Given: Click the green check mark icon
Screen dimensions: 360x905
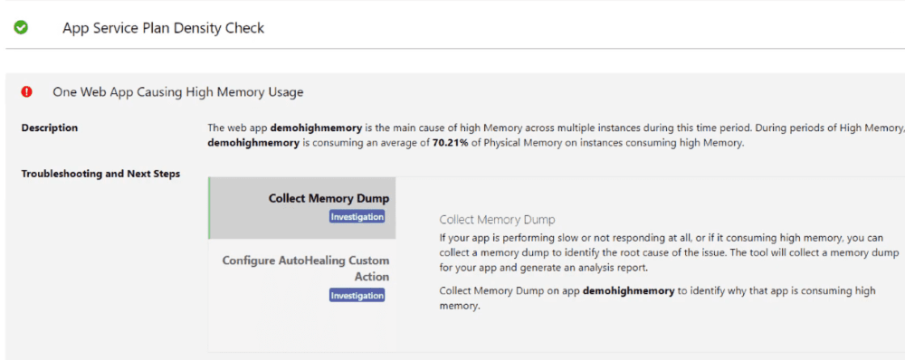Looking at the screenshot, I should click(21, 27).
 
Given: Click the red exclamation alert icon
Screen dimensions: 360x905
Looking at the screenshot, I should click(27, 91).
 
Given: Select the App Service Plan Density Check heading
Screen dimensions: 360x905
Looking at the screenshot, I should click(163, 28).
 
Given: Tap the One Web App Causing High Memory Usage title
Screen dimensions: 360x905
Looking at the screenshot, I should click(178, 92).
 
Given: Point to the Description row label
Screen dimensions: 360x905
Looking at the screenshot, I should click(50, 128).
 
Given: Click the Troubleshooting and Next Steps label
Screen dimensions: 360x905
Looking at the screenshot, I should click(100, 174).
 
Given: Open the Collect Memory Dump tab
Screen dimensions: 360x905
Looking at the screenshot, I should click(329, 198).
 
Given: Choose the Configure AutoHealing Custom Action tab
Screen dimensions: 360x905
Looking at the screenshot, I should click(306, 269).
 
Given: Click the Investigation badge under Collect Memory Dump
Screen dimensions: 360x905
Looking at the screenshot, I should click(357, 217).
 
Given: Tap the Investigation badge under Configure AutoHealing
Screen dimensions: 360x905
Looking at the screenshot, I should click(357, 295).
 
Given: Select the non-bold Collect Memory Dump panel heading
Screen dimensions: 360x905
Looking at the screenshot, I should click(497, 220).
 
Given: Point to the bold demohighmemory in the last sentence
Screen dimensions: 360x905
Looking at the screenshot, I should click(628, 291).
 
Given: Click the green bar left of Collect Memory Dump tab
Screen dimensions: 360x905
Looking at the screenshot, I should click(209, 208).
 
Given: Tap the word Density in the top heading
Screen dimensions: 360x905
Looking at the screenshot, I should click(186, 28).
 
